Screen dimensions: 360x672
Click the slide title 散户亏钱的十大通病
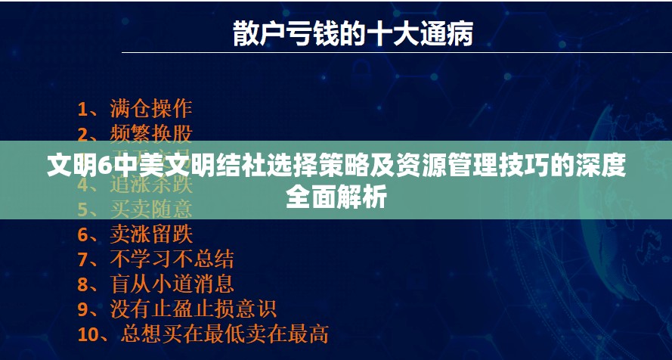352,33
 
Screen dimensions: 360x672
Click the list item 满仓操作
151,108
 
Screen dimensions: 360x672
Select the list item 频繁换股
151,134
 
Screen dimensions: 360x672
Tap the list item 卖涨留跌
151,234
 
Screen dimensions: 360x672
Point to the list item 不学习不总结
172,259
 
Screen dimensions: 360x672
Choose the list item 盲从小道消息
172,284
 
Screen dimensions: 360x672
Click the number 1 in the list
82,109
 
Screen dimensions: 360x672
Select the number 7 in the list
83,259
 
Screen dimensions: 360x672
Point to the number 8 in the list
83,284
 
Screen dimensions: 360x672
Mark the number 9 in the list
83,309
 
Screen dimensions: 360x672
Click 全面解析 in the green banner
336,197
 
